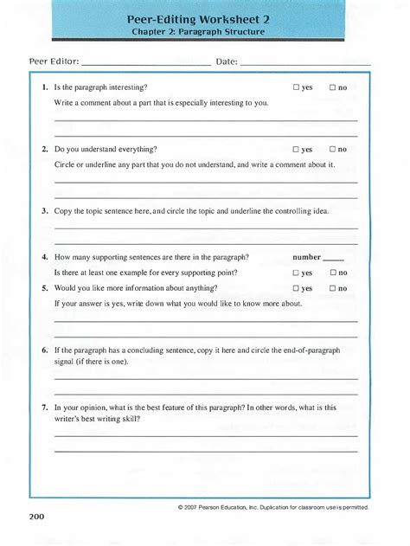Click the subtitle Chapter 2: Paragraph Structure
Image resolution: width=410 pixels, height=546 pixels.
coord(204,32)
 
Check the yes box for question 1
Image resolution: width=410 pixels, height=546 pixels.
coord(296,87)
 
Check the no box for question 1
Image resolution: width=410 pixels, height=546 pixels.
coord(332,87)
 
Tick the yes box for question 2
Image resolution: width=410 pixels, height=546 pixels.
coord(296,149)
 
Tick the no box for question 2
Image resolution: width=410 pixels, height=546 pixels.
coord(332,149)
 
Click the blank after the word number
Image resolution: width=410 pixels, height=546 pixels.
coord(333,259)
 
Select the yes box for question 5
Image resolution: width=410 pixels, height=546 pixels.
coord(296,288)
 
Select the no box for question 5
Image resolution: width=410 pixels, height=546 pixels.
coord(332,288)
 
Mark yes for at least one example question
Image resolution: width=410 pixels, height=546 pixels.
coord(296,273)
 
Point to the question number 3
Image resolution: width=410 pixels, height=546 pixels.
coord(44,210)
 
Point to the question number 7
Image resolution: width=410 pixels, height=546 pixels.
coord(44,407)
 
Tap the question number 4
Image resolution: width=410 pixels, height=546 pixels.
coord(44,257)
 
